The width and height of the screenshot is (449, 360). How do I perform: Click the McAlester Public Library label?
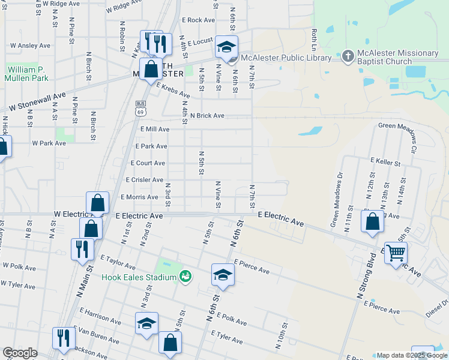pyautogui.click(x=286, y=58)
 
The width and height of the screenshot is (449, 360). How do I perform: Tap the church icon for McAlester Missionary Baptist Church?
pyautogui.click(x=348, y=57)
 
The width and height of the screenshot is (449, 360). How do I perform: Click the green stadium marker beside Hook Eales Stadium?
pyautogui.click(x=186, y=276)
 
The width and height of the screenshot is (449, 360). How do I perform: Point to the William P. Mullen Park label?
pyautogui.click(x=28, y=74)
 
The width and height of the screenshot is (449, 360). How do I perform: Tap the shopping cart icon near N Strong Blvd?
pyautogui.click(x=396, y=253)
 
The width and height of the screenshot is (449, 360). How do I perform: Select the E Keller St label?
pyautogui.click(x=385, y=161)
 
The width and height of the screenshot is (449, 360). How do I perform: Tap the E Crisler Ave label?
pyautogui.click(x=144, y=180)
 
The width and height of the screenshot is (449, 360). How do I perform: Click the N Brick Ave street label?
pyautogui.click(x=207, y=116)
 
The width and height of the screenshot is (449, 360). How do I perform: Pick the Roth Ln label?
pyautogui.click(x=314, y=35)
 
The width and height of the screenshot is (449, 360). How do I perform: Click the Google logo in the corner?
pyautogui.click(x=20, y=353)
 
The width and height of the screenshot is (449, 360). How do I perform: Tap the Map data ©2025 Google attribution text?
pyautogui.click(x=412, y=355)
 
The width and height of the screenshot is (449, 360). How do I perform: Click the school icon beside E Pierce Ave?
pyautogui.click(x=223, y=275)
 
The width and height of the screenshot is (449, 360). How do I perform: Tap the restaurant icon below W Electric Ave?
pyautogui.click(x=82, y=249)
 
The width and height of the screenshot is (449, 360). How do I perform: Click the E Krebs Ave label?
pyautogui.click(x=173, y=91)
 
